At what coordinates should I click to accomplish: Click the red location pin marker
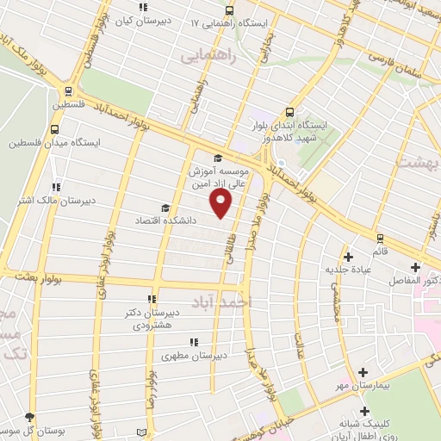click(x=221, y=202)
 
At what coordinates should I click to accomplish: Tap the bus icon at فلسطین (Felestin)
click(x=67, y=90)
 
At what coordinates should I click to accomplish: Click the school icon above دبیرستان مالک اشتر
click(x=56, y=186)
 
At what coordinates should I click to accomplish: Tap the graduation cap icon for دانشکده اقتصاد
click(x=165, y=208)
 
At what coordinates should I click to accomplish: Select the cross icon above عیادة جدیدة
click(x=348, y=256)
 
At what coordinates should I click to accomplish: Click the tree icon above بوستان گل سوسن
click(x=30, y=416)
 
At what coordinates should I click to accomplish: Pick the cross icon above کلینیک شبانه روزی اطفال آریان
click(x=365, y=411)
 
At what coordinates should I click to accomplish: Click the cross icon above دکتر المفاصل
click(x=415, y=266)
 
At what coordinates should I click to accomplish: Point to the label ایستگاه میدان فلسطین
click(x=54, y=142)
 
